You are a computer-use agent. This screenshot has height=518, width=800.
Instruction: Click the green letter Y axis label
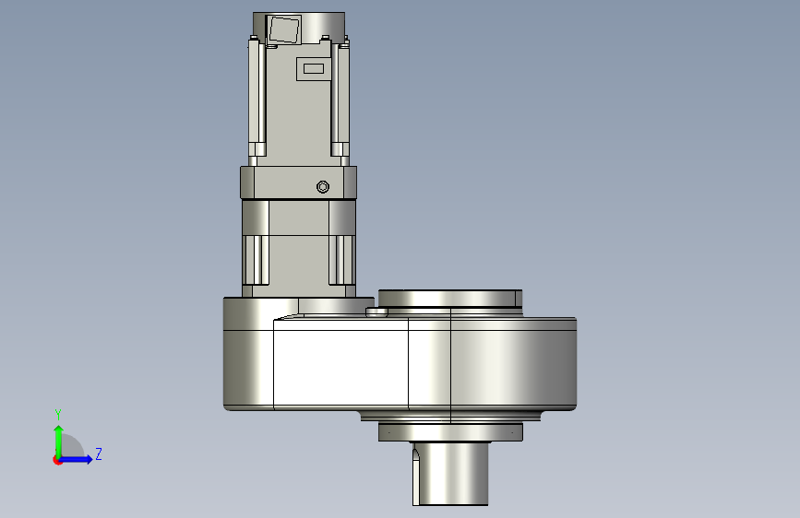[58, 415]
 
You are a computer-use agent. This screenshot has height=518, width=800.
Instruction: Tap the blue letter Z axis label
[99, 453]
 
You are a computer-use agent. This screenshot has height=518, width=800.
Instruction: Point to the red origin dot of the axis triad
[57, 460]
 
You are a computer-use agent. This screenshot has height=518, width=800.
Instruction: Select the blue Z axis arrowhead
[89, 459]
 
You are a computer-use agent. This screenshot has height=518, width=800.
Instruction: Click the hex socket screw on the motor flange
[322, 187]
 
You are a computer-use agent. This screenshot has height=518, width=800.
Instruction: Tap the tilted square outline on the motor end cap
[283, 29]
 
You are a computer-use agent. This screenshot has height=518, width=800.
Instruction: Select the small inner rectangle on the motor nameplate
[314, 68]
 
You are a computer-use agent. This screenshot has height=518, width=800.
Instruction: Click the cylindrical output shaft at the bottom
[450, 474]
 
